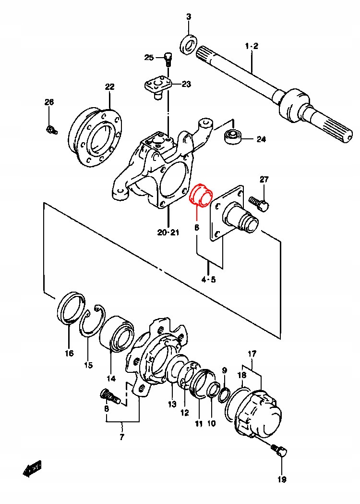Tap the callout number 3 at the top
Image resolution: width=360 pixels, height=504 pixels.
point(189,17)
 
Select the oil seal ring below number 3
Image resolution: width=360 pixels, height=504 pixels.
point(188,44)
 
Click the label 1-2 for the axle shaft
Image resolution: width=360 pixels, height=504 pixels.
point(252,46)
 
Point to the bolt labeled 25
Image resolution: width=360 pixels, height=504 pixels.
point(168,59)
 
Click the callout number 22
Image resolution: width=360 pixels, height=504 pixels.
point(110,87)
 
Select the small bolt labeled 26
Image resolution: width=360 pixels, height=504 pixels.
point(51,129)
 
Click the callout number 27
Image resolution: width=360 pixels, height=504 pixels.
point(264,180)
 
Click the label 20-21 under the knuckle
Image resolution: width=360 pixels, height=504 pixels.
point(168,233)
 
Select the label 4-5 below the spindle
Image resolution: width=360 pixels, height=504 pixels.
point(209,279)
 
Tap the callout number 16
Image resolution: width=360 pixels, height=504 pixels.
point(69,354)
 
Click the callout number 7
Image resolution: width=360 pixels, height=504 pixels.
point(122,437)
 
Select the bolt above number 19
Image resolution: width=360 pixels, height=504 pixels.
point(278,451)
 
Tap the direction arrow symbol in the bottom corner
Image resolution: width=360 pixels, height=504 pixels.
point(32,468)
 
